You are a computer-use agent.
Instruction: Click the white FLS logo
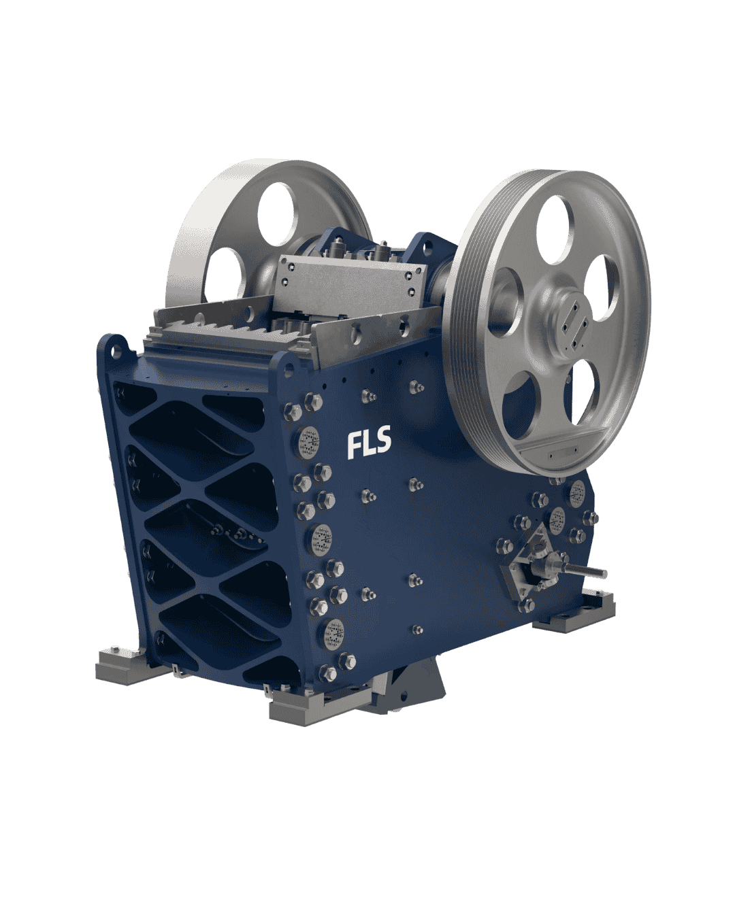pos(369,443)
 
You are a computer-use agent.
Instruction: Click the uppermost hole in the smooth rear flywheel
pos(276,214)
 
